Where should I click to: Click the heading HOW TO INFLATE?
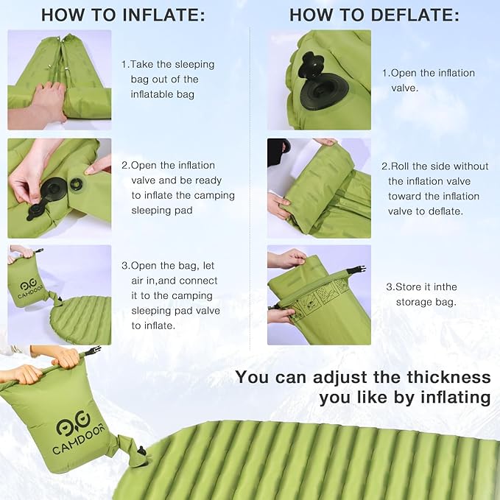point(123,15)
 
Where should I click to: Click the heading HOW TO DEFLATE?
point(374,15)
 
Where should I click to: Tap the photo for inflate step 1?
point(59,80)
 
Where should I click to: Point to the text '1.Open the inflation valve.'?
point(429,80)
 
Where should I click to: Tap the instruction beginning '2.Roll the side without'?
point(434,189)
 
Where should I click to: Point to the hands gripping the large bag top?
point(44,365)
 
